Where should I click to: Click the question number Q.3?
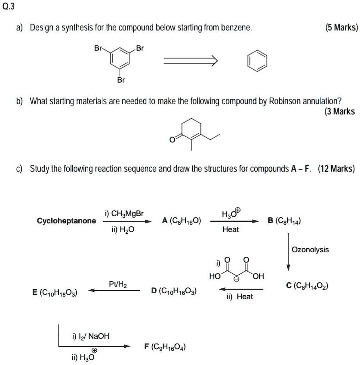[9, 7]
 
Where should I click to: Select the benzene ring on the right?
[256, 62]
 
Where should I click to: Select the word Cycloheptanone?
[66, 221]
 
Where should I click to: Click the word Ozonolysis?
[310, 250]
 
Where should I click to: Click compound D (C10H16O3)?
[174, 291]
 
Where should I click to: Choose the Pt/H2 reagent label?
[117, 284]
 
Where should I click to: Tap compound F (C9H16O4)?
[165, 347]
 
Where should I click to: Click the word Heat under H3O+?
[231, 229]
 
